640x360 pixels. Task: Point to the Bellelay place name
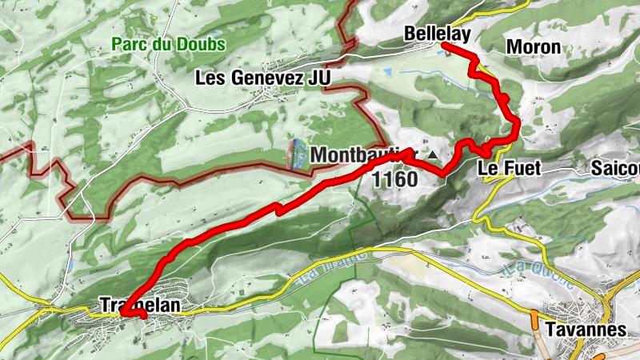tap(436, 34)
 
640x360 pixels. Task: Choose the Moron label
tap(534, 47)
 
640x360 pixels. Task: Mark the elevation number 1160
tap(395, 178)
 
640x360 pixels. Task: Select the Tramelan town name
tap(140, 306)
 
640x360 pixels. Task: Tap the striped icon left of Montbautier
tap(297, 154)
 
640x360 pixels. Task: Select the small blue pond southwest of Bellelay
tap(388, 72)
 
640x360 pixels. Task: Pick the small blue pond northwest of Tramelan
tap(70, 262)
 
